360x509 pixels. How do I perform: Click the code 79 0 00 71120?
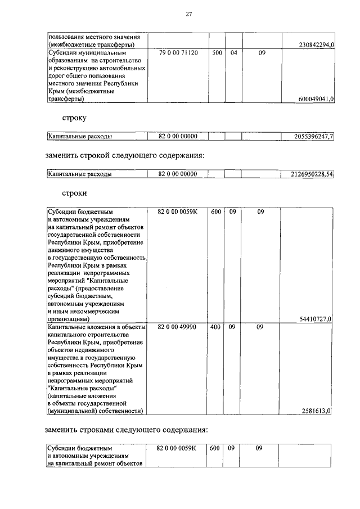[x=178, y=53]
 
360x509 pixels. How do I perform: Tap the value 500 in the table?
[x=217, y=53]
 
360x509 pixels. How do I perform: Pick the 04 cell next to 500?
[x=234, y=53]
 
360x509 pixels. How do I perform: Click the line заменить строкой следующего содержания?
[x=125, y=155]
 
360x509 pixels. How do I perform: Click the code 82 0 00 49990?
[x=178, y=327]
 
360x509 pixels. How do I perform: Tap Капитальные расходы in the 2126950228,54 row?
[x=79, y=174]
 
